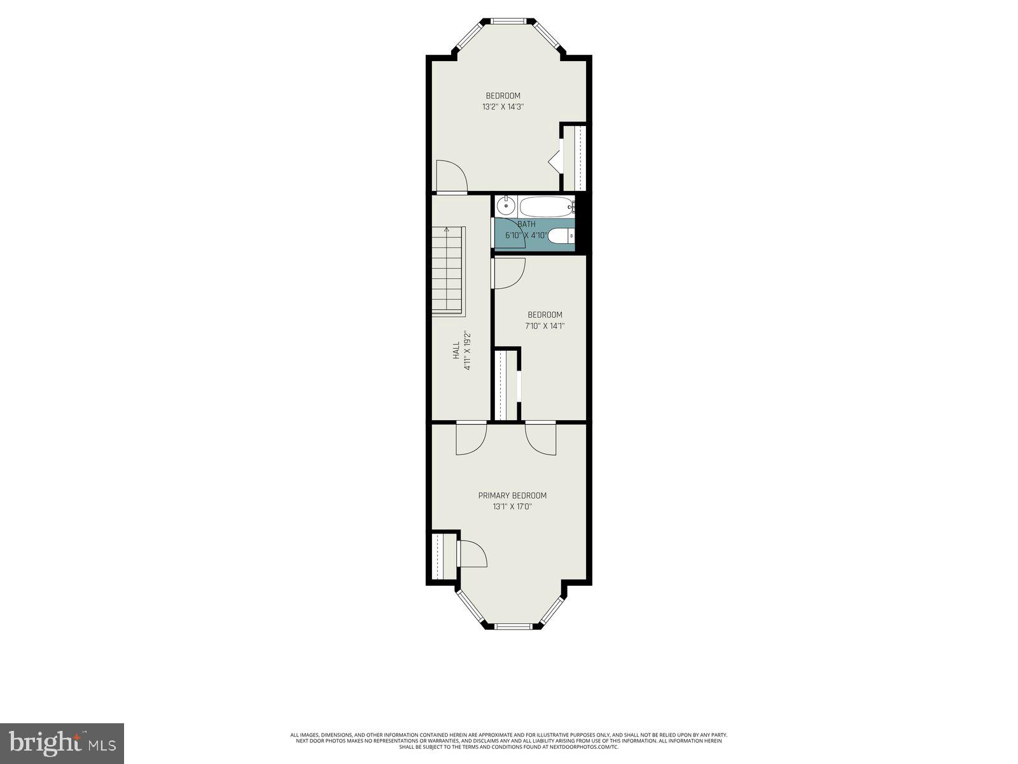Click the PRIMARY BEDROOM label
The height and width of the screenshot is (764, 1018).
click(512, 495)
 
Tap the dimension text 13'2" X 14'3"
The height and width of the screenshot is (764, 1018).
click(503, 107)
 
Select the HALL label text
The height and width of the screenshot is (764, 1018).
click(456, 351)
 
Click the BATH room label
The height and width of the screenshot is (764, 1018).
click(526, 224)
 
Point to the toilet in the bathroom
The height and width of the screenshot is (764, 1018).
click(561, 236)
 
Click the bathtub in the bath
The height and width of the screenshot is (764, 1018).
click(546, 206)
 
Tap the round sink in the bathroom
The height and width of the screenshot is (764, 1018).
click(506, 206)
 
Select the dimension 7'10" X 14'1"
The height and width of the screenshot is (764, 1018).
click(545, 326)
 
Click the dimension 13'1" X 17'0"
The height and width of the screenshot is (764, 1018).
click(512, 507)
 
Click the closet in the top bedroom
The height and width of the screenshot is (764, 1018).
click(578, 158)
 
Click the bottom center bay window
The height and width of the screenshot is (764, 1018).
click(513, 626)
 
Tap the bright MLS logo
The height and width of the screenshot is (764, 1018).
click(62, 743)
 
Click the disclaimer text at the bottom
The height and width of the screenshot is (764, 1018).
click(508, 740)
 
